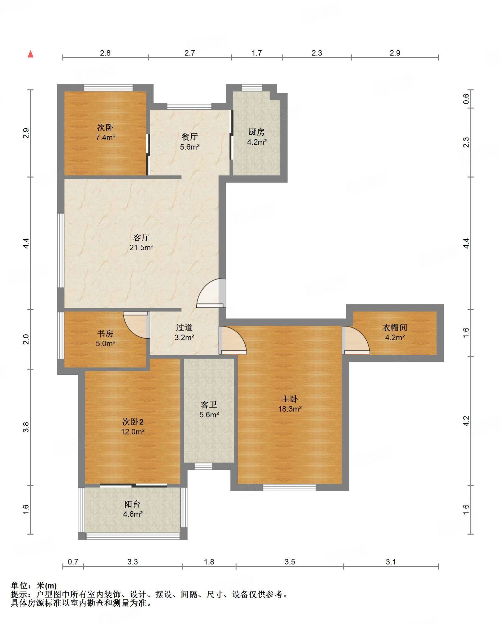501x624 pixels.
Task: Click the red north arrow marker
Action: [x=30, y=54]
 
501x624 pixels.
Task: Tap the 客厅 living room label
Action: [x=141, y=237]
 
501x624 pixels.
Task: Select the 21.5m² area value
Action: [x=141, y=247]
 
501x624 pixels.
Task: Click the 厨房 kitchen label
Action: [x=256, y=132]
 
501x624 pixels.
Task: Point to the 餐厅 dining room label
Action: [x=189, y=137]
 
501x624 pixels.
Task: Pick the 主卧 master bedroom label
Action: [x=290, y=399]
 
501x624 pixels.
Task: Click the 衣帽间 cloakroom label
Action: [x=395, y=328]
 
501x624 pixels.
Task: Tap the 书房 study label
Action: [x=105, y=334]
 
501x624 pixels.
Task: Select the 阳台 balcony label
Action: [x=133, y=504]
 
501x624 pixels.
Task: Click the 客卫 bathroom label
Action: [x=209, y=405]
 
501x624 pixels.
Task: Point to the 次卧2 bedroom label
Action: [x=133, y=422]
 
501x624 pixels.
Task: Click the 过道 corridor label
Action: [x=184, y=328]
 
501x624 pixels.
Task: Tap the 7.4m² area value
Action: [x=105, y=137]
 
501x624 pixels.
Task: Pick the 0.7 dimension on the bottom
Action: [x=73, y=562]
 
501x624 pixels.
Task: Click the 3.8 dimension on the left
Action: [x=26, y=427]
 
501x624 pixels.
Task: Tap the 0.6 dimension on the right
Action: [x=466, y=99]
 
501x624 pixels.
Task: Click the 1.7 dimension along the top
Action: [x=257, y=53]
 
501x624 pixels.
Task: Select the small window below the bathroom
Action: [x=203, y=466]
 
